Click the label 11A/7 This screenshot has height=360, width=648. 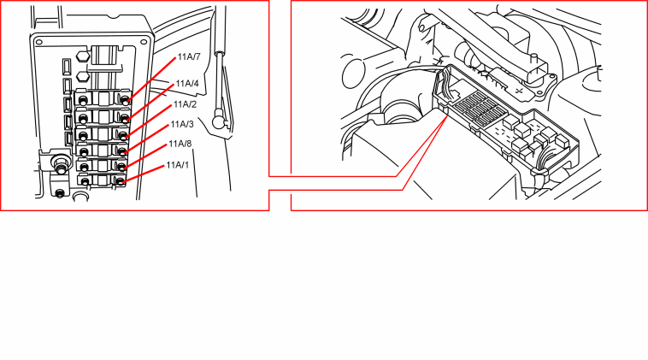coord(189,57)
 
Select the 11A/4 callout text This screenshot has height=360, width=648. coord(187,84)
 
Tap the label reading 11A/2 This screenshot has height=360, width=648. coord(185,104)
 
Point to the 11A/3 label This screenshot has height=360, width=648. coord(182,124)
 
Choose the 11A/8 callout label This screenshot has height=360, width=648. coord(180,145)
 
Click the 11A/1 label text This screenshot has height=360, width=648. coord(178,165)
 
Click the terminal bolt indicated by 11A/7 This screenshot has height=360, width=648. coord(125,99)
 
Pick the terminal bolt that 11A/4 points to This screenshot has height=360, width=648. coord(125,119)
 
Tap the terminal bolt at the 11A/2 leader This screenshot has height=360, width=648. coord(123,135)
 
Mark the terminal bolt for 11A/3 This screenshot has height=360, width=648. coord(122,151)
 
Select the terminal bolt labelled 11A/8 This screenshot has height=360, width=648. coord(121,167)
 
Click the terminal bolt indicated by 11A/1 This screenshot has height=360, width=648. coord(120,181)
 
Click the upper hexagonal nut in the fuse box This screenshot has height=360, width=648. coord(83,56)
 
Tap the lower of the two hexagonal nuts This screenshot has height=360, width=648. coord(83,76)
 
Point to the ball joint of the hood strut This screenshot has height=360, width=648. coord(218,121)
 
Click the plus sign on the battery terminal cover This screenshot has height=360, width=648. coord(520,91)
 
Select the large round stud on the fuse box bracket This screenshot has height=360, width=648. coord(61,162)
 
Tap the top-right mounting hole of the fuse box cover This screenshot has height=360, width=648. coord(144,42)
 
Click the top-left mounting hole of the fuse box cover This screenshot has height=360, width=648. coord(38,42)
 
